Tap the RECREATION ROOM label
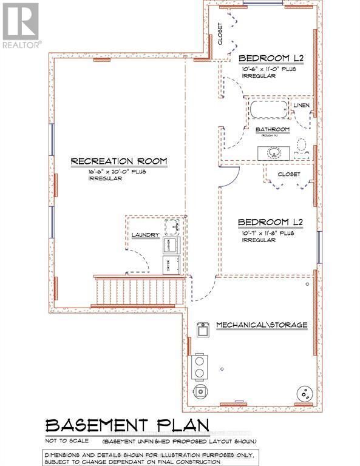[x=119, y=161]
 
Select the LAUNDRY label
[x=146, y=235]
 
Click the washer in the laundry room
[x=170, y=245]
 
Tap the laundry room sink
[x=173, y=227]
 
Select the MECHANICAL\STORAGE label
[x=261, y=325]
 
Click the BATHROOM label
[x=271, y=130]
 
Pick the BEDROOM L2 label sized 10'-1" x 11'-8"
[x=270, y=222]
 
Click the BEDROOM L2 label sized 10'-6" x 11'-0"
[x=271, y=58]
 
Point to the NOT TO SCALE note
[x=67, y=440]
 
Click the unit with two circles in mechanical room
[x=199, y=365]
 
